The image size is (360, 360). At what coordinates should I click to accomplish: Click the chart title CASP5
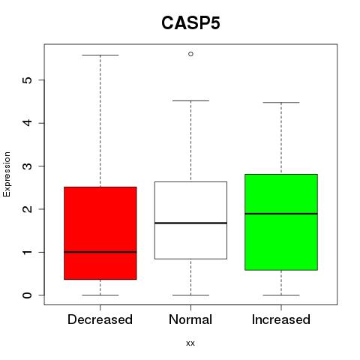pos(190,23)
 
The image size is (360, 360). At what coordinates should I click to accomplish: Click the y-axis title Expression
pos(7,174)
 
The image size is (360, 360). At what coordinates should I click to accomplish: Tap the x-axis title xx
pos(190,343)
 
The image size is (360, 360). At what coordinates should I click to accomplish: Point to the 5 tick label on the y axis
pos(28,80)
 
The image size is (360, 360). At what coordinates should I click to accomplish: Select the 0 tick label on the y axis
pos(28,295)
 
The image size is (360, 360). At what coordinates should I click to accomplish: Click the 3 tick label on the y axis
pos(28,166)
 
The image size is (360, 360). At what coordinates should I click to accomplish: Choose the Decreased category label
pos(100,319)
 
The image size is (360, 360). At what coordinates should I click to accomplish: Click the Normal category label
pos(190,319)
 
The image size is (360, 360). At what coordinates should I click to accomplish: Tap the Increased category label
pos(281,319)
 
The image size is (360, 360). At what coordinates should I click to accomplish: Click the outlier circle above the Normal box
pos(190,54)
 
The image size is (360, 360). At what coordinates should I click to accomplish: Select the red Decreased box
pos(100,233)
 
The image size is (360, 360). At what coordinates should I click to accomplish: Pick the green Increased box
pos(281,222)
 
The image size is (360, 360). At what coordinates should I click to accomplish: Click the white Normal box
pos(190,220)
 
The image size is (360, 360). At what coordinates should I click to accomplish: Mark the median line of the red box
pos(100,252)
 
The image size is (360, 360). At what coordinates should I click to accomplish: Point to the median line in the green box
pos(281,214)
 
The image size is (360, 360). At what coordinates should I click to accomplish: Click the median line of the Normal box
pos(190,223)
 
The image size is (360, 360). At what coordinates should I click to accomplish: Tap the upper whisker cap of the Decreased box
pos(100,55)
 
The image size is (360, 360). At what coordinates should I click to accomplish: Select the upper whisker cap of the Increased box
pos(281,103)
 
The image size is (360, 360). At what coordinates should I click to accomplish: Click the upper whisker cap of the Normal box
pos(190,100)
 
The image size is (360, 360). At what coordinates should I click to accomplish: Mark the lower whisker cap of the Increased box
pos(281,295)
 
